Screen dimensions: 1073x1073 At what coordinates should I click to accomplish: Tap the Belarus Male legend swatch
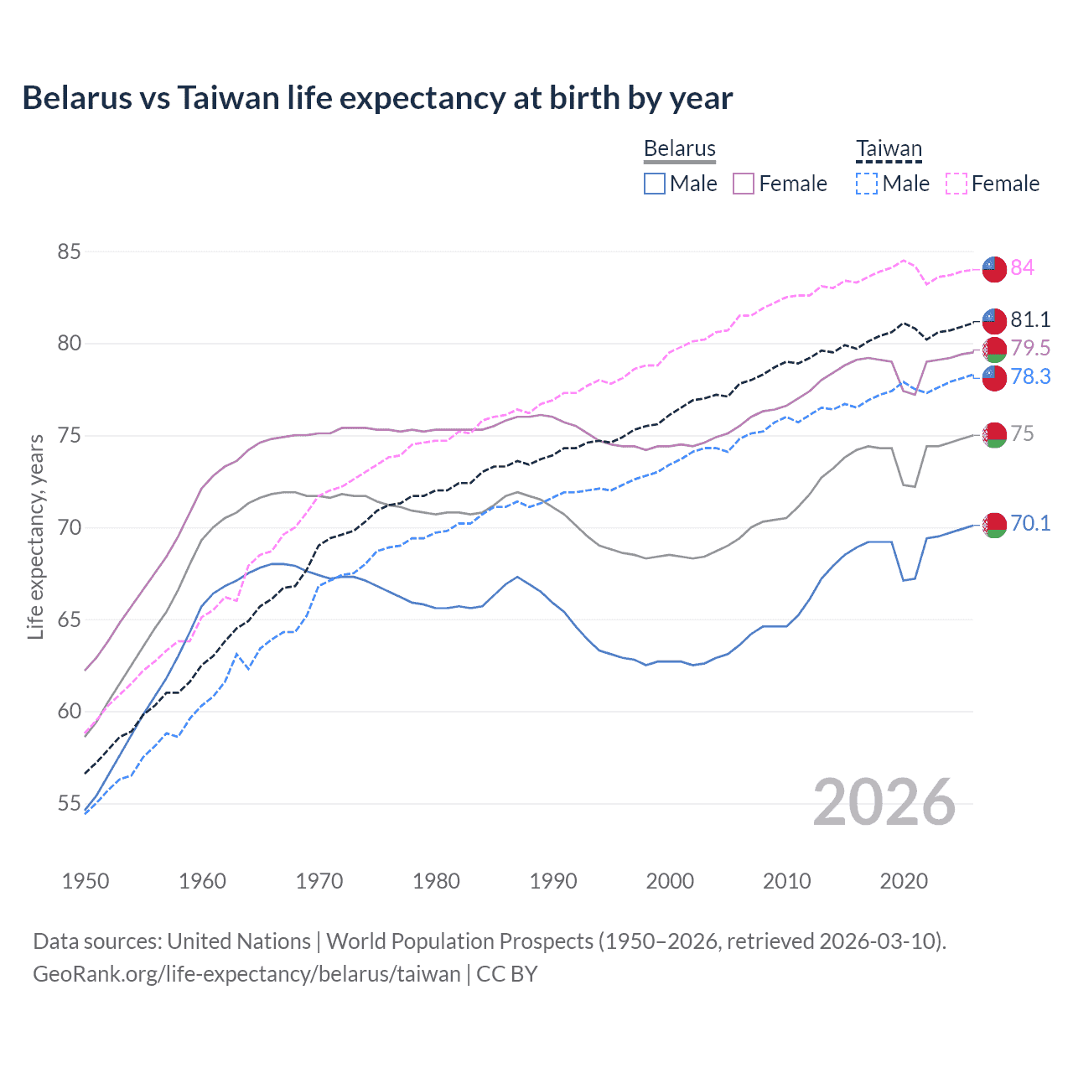tap(655, 184)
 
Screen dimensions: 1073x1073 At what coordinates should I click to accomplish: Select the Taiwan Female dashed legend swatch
tap(956, 184)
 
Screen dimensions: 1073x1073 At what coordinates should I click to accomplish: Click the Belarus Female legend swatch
tap(744, 184)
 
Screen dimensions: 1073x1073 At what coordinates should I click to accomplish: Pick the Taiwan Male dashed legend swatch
tap(867, 184)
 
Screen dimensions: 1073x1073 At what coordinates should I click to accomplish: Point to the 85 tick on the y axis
tap(70, 251)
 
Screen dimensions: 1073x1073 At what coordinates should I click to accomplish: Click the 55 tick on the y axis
tap(70, 803)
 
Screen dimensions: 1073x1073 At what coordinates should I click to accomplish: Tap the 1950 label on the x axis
tap(86, 881)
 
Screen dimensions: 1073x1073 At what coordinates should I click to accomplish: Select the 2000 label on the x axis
tap(670, 881)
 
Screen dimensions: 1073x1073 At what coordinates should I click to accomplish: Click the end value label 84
tap(1022, 267)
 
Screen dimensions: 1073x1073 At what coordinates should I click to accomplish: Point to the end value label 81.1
tap(1030, 319)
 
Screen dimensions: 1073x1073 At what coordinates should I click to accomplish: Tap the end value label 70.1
tap(1030, 524)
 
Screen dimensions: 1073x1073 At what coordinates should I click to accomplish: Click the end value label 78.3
tap(1030, 376)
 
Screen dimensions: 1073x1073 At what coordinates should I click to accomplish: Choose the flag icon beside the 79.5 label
tap(994, 350)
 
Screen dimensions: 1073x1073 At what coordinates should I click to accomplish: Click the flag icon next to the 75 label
tap(994, 435)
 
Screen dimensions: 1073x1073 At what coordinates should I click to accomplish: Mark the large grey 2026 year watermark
tap(884, 802)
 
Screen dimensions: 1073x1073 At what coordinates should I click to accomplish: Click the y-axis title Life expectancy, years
tap(35, 536)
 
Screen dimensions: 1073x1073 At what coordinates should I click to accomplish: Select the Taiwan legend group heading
tap(889, 149)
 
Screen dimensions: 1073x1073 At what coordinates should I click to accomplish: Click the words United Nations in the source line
tap(239, 941)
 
